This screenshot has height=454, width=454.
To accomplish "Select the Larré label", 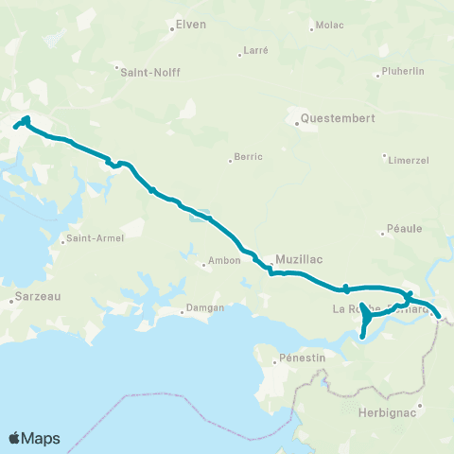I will click(255, 48).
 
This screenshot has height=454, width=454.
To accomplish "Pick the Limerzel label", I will click(409, 160).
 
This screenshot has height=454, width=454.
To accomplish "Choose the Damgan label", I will click(203, 309).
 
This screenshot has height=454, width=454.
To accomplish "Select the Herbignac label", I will click(386, 412).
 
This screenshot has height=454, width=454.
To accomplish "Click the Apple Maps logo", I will click(34, 438).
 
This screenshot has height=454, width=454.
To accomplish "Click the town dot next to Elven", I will click(171, 27).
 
